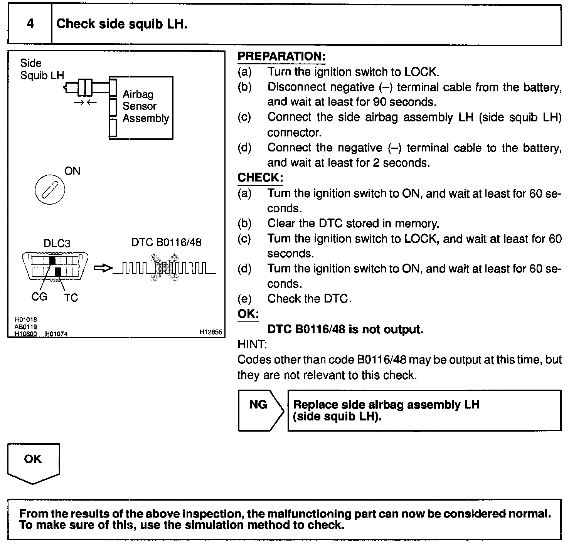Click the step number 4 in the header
point(30,24)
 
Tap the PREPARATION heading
point(281,56)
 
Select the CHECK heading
point(260,178)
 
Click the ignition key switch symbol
point(50,190)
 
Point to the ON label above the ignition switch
point(72,171)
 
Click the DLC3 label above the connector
point(57,243)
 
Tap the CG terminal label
point(39,296)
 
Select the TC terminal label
point(71,298)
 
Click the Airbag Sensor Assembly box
point(141,108)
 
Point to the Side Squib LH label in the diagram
point(42,69)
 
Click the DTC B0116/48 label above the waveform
point(166,242)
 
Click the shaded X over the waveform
point(165,267)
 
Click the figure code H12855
point(211,332)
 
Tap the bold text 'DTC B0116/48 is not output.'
point(345,329)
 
